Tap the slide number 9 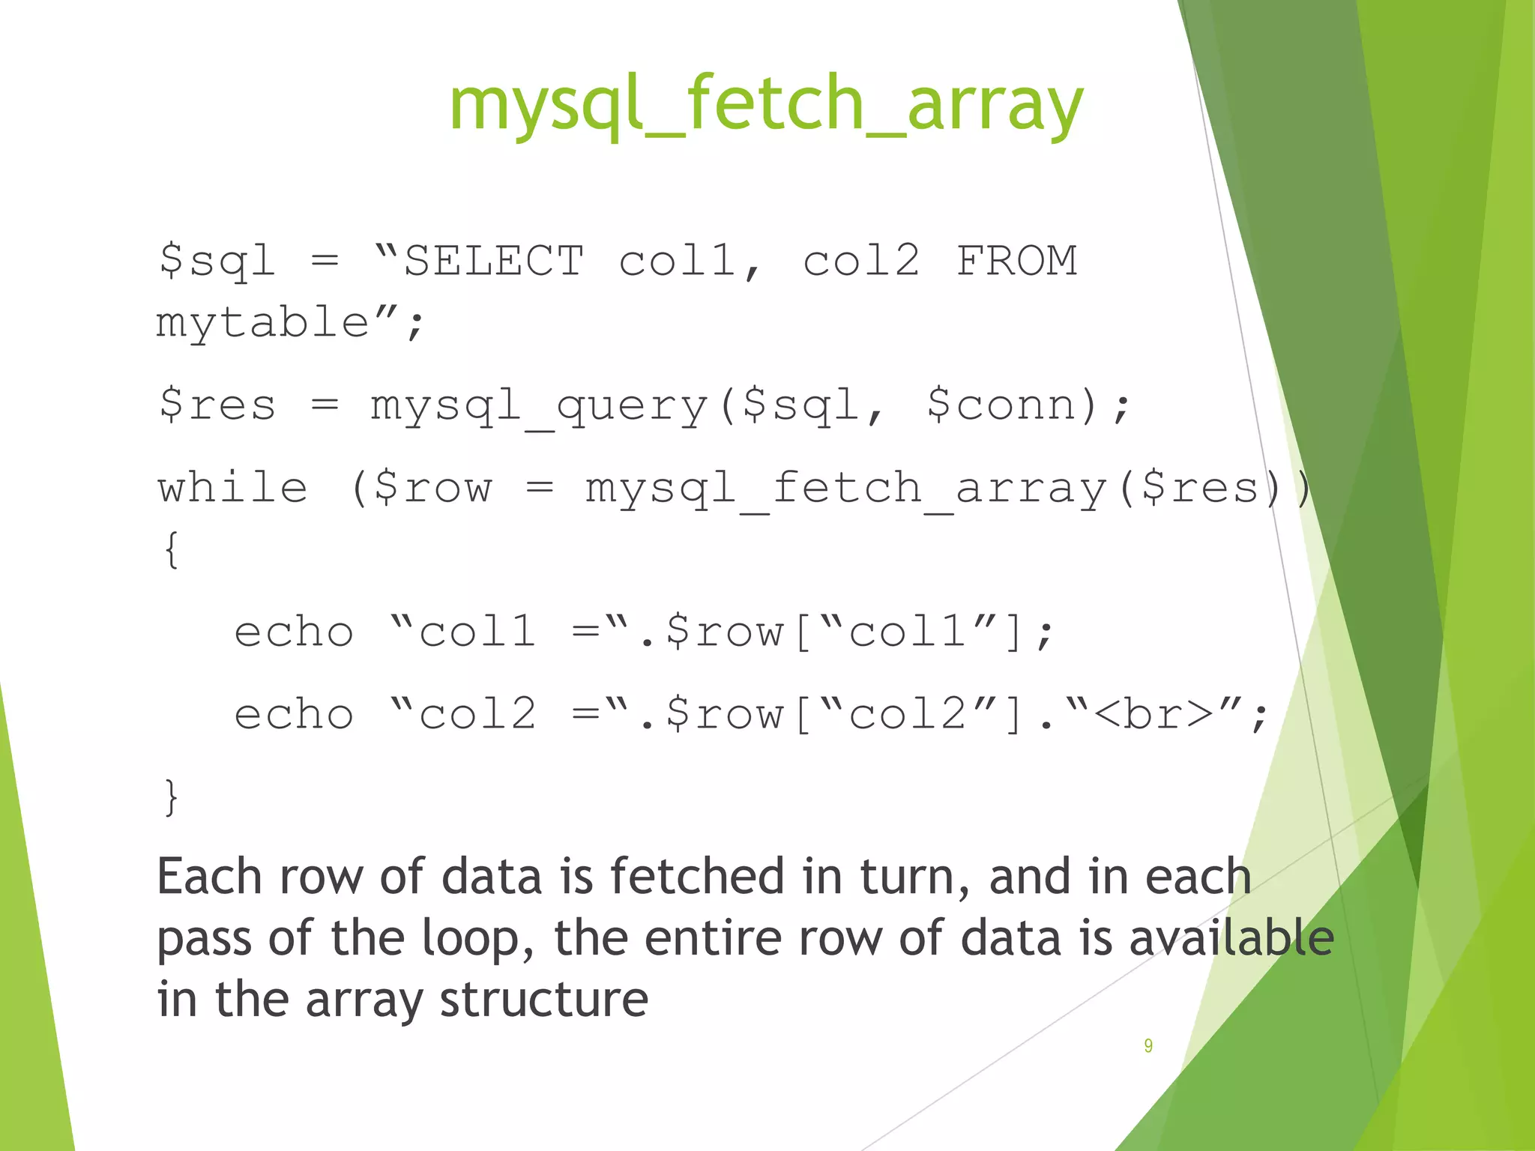[x=1148, y=1045]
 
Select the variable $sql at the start [x=217, y=261]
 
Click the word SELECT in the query [x=493, y=261]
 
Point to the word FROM [x=1016, y=261]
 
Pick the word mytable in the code [x=262, y=322]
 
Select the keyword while [x=232, y=488]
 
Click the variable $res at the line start [x=217, y=405]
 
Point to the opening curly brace [x=172, y=549]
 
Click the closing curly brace [x=172, y=797]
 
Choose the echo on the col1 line [x=294, y=632]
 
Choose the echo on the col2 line [x=294, y=713]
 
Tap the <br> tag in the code [x=1153, y=713]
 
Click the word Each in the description [x=209, y=877]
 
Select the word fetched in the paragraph [x=697, y=877]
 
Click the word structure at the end [x=543, y=1000]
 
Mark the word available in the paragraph [x=1231, y=938]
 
